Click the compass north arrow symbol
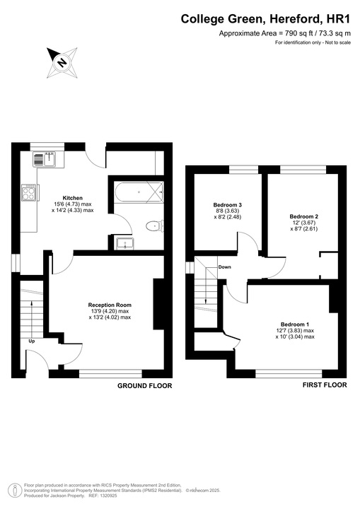click(x=62, y=62)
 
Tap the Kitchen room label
click(x=73, y=198)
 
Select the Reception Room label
click(x=110, y=305)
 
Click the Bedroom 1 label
click(x=295, y=324)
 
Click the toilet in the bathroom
click(x=153, y=226)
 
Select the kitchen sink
click(x=48, y=159)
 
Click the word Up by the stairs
click(x=31, y=341)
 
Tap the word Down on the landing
click(x=224, y=267)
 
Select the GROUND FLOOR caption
click(x=145, y=386)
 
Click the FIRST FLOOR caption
click(x=325, y=385)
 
